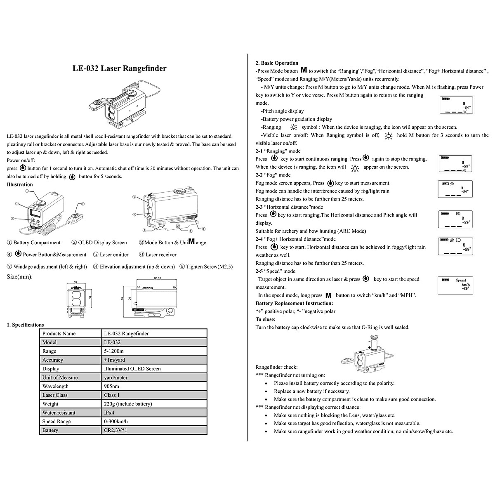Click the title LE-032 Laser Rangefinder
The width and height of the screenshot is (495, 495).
pos(120,68)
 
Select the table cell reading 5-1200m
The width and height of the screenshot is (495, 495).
pos(114,351)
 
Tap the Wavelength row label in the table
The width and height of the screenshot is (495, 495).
pos(55,387)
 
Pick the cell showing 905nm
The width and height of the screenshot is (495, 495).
pos(111,387)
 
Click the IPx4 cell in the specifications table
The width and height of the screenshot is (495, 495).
pos(109,412)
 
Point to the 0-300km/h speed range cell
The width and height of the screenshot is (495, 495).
pos(116,422)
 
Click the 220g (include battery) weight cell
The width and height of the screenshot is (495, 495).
pos(128,404)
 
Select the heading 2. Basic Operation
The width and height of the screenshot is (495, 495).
pos(277,63)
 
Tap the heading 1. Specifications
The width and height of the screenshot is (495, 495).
pos(25,325)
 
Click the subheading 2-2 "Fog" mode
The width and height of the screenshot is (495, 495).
pos(273,175)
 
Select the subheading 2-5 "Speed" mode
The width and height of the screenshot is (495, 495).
pos(276,271)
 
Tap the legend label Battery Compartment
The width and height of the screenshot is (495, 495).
pos(37,243)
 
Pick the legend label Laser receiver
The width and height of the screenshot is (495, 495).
pos(161,255)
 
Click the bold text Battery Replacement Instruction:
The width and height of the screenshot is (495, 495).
pos(288,303)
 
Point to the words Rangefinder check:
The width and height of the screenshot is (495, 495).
pos(276,367)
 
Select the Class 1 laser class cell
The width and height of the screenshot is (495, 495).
pos(112,395)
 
